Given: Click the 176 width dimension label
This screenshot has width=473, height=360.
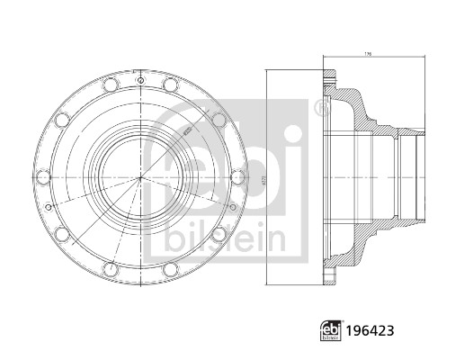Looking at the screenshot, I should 367,55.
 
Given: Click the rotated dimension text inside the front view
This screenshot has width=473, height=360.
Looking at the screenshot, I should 186,131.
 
